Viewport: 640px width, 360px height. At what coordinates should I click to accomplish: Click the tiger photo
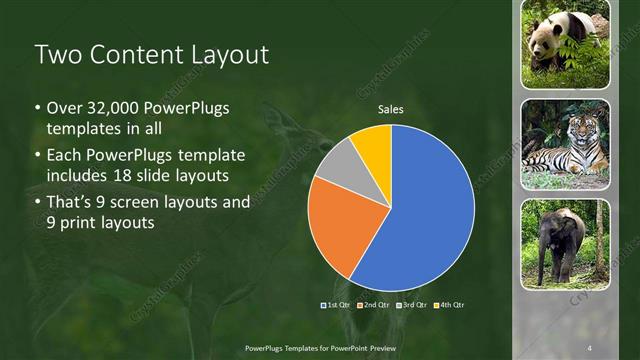[x=565, y=143]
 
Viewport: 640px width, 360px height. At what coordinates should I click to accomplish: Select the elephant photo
[x=565, y=243]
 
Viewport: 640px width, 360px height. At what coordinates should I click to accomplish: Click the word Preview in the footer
[x=383, y=347]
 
